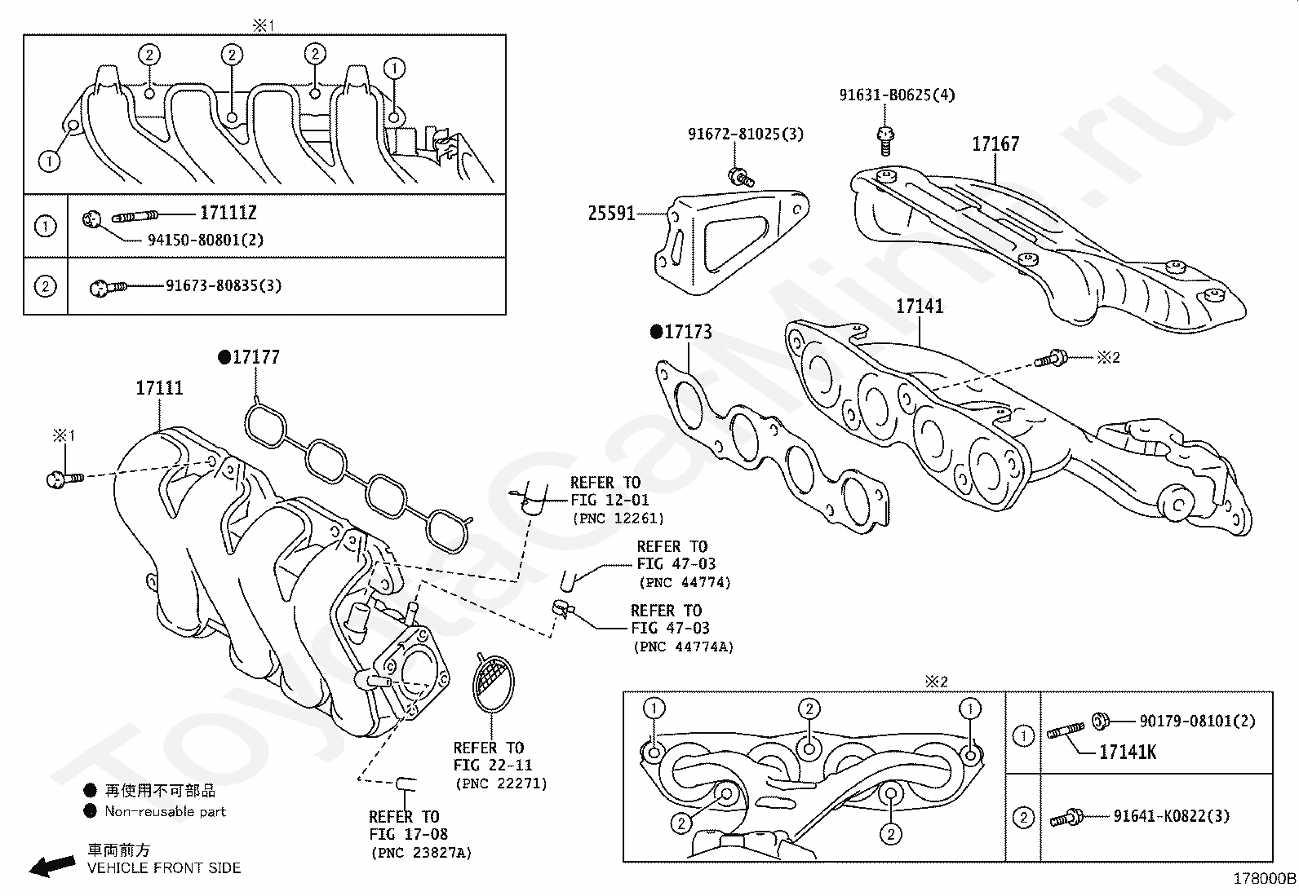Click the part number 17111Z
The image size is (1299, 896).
tap(228, 213)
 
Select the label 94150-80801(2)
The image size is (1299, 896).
tap(206, 240)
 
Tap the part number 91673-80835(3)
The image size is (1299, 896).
tap(224, 285)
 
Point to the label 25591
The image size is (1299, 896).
tap(612, 214)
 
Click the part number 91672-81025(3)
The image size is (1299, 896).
tap(746, 134)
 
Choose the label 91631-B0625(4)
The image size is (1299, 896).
tap(897, 95)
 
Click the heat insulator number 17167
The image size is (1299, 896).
tap(995, 143)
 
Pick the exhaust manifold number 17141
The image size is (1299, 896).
tap(920, 306)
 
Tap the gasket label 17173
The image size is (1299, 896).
tap(688, 332)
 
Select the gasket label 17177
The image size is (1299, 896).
tap(255, 357)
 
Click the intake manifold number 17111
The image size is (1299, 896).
tap(159, 388)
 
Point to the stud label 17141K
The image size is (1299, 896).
tap(1128, 753)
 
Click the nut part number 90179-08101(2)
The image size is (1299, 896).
tap(1198, 721)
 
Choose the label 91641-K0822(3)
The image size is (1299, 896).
tap(1172, 816)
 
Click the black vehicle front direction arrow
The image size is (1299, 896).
tap(52, 866)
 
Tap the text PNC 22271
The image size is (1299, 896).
tap(502, 783)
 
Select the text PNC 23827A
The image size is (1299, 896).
tap(422, 853)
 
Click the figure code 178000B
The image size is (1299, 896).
tap(1264, 879)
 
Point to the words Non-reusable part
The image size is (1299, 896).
tap(166, 811)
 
